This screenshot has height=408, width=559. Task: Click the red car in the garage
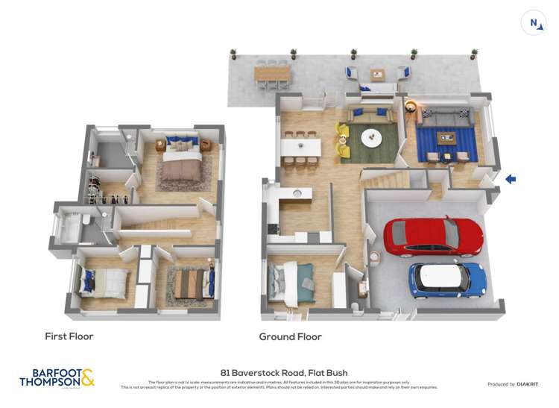click(x=433, y=236)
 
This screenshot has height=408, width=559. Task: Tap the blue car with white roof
click(x=447, y=280)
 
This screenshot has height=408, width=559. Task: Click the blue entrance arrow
click(x=510, y=179)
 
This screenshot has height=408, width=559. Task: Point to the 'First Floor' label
click(x=69, y=336)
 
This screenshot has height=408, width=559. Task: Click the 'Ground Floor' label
click(x=290, y=336)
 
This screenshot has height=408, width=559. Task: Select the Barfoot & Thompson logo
click(x=57, y=377)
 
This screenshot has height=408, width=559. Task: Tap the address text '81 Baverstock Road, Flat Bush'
click(x=284, y=372)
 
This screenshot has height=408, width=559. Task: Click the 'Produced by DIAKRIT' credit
click(x=512, y=384)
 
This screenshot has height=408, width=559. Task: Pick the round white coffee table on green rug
click(x=370, y=137)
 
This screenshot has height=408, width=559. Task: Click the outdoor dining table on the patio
click(x=272, y=73)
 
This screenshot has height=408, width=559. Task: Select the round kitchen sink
click(x=297, y=193)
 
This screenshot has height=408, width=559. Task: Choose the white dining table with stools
click(x=300, y=147)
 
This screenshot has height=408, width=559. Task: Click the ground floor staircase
click(x=385, y=179)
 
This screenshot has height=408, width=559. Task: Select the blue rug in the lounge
click(x=446, y=142)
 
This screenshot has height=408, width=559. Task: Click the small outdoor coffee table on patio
click(x=377, y=74)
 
